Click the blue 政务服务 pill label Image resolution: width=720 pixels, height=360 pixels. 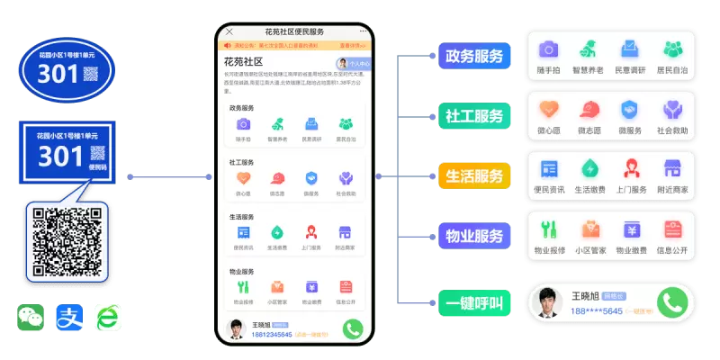click(473, 56)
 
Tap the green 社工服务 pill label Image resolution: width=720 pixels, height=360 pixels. click(473, 116)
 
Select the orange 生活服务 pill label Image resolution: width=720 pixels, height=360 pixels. click(473, 176)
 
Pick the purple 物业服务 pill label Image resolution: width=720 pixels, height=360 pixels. click(473, 237)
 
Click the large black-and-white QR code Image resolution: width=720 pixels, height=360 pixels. click(67, 242)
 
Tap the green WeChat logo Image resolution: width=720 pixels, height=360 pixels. click(31, 317)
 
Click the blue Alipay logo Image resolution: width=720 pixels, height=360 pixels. click(69, 317)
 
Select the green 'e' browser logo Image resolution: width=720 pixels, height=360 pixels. click(108, 317)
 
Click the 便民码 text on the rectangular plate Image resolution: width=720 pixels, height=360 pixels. click(97, 166)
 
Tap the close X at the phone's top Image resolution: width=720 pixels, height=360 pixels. click(229, 31)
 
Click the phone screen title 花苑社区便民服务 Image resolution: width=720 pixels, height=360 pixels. click(294, 31)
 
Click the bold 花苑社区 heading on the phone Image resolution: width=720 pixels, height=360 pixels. click(243, 61)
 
